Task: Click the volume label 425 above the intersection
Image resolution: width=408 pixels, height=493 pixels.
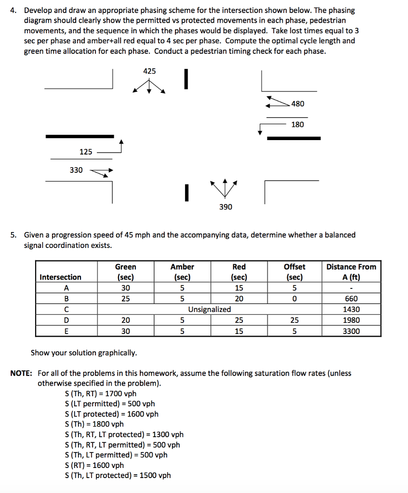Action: tap(149, 71)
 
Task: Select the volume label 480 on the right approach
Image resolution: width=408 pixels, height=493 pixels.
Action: tap(298, 104)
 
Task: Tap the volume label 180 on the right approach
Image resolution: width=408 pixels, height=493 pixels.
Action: tap(298, 125)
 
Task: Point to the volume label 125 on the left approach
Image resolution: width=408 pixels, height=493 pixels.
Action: tap(86, 152)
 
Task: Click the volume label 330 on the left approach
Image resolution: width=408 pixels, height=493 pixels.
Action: tap(76, 170)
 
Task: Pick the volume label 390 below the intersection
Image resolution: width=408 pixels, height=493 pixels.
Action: tap(225, 207)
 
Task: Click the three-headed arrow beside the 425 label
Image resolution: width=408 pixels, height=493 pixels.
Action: tap(149, 87)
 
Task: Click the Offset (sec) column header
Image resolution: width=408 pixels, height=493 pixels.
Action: tap(294, 272)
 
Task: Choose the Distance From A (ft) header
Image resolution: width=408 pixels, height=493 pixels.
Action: tap(351, 272)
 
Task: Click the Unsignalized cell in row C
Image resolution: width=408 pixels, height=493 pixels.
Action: tap(209, 309)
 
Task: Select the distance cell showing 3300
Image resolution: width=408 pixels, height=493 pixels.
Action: tap(351, 331)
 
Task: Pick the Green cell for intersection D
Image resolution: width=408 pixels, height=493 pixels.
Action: tap(125, 320)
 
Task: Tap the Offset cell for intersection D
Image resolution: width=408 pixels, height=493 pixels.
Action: tap(294, 320)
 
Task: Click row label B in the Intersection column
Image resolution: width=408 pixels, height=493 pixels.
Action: tap(66, 298)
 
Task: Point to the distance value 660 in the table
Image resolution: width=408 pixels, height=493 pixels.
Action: tap(351, 298)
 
